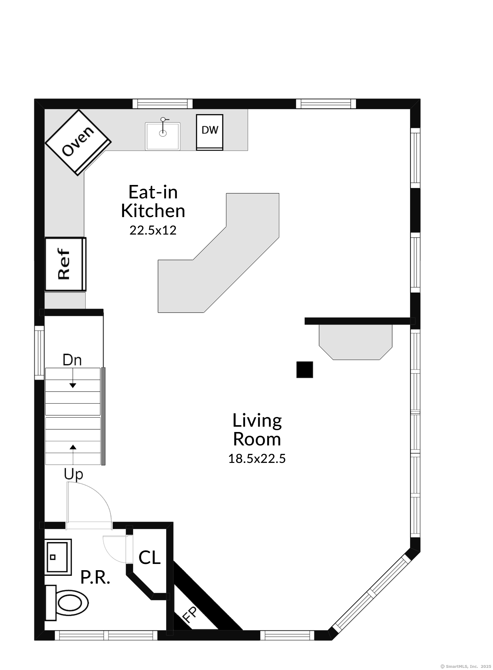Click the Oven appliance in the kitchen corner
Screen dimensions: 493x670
click(78, 142)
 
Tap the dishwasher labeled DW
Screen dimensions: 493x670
click(210, 132)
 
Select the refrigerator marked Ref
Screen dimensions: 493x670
click(65, 264)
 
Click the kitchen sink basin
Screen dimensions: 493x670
click(163, 136)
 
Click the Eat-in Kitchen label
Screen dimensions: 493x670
click(153, 201)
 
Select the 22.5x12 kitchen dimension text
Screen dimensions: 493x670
click(153, 230)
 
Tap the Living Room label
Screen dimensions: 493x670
click(257, 430)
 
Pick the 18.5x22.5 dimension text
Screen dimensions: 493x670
click(257, 459)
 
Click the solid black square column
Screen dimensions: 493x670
click(305, 370)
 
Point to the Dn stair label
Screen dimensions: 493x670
click(72, 360)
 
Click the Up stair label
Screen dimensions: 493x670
click(74, 474)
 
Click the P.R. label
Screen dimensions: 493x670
click(95, 577)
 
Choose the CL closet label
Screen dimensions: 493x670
click(150, 557)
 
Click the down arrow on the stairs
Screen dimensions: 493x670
click(73, 378)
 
